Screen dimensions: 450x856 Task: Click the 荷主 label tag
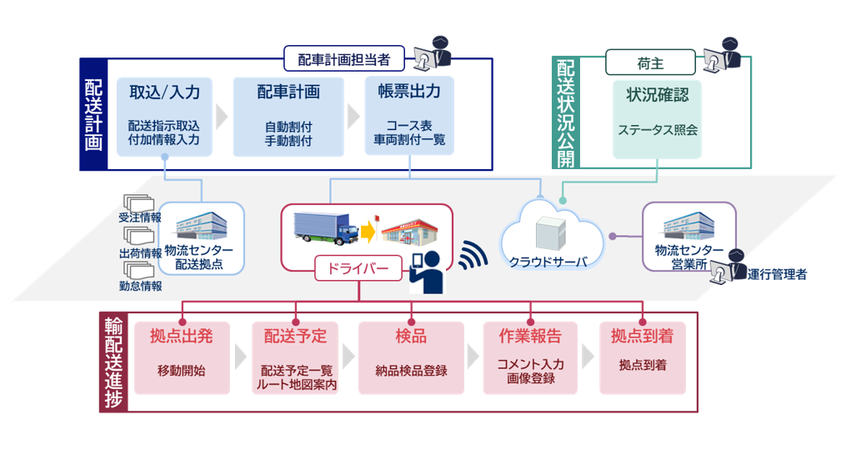651,61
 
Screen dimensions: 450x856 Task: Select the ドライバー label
358,268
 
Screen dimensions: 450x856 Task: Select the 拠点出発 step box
181,356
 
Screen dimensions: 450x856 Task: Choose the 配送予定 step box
295,356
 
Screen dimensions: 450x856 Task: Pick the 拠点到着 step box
642,356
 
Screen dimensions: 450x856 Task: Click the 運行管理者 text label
777,274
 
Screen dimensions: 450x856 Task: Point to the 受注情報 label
139,218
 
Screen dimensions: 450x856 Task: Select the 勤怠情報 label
139,286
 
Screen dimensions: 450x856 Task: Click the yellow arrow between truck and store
369,231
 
